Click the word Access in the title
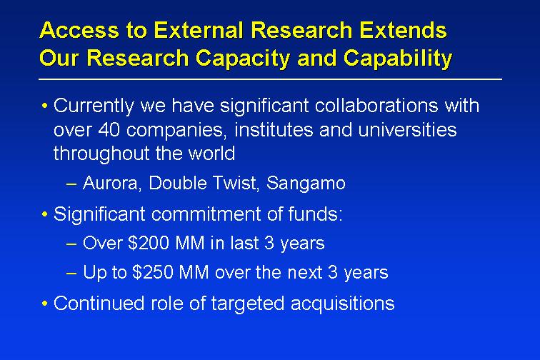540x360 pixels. [79, 29]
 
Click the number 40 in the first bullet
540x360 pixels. [109, 130]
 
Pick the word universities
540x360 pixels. [407, 129]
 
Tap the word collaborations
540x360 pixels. [376, 105]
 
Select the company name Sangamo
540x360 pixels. [306, 184]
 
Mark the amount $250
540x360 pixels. [153, 272]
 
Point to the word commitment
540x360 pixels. [206, 214]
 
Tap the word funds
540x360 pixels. [315, 214]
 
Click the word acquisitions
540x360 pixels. [343, 304]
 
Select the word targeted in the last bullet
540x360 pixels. [248, 304]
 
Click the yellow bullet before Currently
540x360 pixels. [44, 106]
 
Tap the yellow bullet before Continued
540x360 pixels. [44, 304]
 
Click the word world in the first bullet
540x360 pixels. [211, 154]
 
